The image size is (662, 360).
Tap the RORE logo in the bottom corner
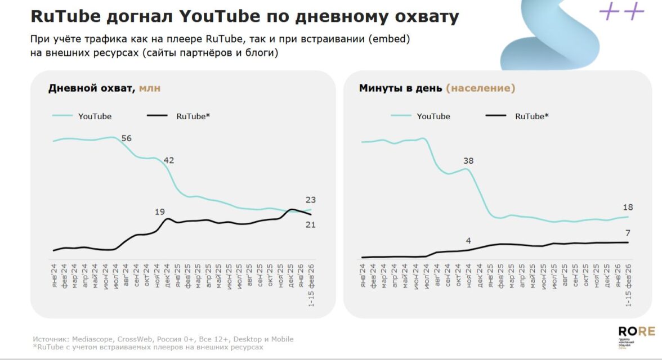coord(637,332)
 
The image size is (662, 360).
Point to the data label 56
coord(126,138)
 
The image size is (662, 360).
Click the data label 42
coord(169,160)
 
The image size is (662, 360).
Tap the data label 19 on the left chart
coord(160,212)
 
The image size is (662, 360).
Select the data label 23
coord(311,200)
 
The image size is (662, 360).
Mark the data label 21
coord(311,225)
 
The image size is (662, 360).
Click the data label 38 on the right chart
coord(468,161)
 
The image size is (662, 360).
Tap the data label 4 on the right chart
coord(468,241)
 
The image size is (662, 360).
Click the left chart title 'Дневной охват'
coord(91,88)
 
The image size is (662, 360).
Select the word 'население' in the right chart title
coord(480,88)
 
